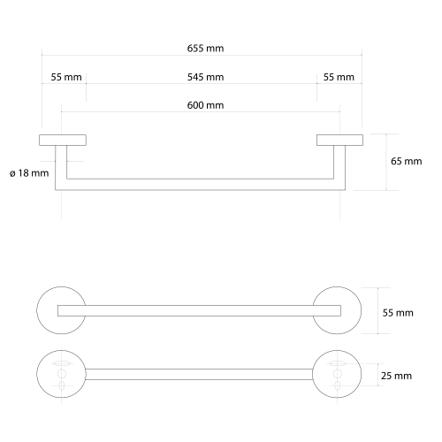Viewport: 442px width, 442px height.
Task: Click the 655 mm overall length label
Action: pos(205,49)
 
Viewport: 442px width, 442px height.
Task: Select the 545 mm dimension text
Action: pos(205,77)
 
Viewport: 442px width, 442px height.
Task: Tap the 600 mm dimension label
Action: pos(205,105)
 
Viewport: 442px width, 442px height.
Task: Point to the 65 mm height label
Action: pos(407,161)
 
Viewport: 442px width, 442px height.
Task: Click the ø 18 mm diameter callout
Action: pos(29,173)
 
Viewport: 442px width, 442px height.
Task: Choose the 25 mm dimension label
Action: pos(396,376)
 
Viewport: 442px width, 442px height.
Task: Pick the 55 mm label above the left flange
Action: pos(66,77)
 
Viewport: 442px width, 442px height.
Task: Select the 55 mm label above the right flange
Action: pos(339,77)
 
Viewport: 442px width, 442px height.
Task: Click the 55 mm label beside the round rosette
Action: pos(398,313)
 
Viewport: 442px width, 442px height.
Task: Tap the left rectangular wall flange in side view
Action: pos(63,140)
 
